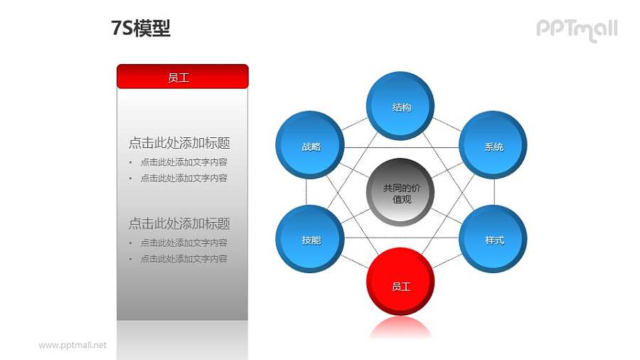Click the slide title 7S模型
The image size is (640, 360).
coord(141,28)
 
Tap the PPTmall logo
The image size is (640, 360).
coord(576,29)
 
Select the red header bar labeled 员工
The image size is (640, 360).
coord(182,77)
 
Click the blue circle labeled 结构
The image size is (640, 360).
coord(401,107)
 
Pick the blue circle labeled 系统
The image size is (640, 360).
coord(494,146)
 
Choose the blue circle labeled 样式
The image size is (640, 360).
coord(494,239)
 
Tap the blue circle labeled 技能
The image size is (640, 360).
coord(310,240)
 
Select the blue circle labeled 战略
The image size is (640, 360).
coord(310,146)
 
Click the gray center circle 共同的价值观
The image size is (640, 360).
coord(401,193)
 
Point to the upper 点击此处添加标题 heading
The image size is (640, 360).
coord(179,143)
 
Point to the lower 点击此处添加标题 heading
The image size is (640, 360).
coord(179,223)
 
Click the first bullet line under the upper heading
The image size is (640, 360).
coord(183,162)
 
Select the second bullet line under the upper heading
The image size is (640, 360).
coord(183,178)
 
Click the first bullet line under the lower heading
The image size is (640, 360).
coord(183,243)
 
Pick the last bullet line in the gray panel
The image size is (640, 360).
coord(183,259)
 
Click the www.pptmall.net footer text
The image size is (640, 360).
coord(73,345)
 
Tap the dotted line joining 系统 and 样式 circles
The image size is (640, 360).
coord(494,192)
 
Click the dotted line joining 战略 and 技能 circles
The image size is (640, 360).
coord(306,193)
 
